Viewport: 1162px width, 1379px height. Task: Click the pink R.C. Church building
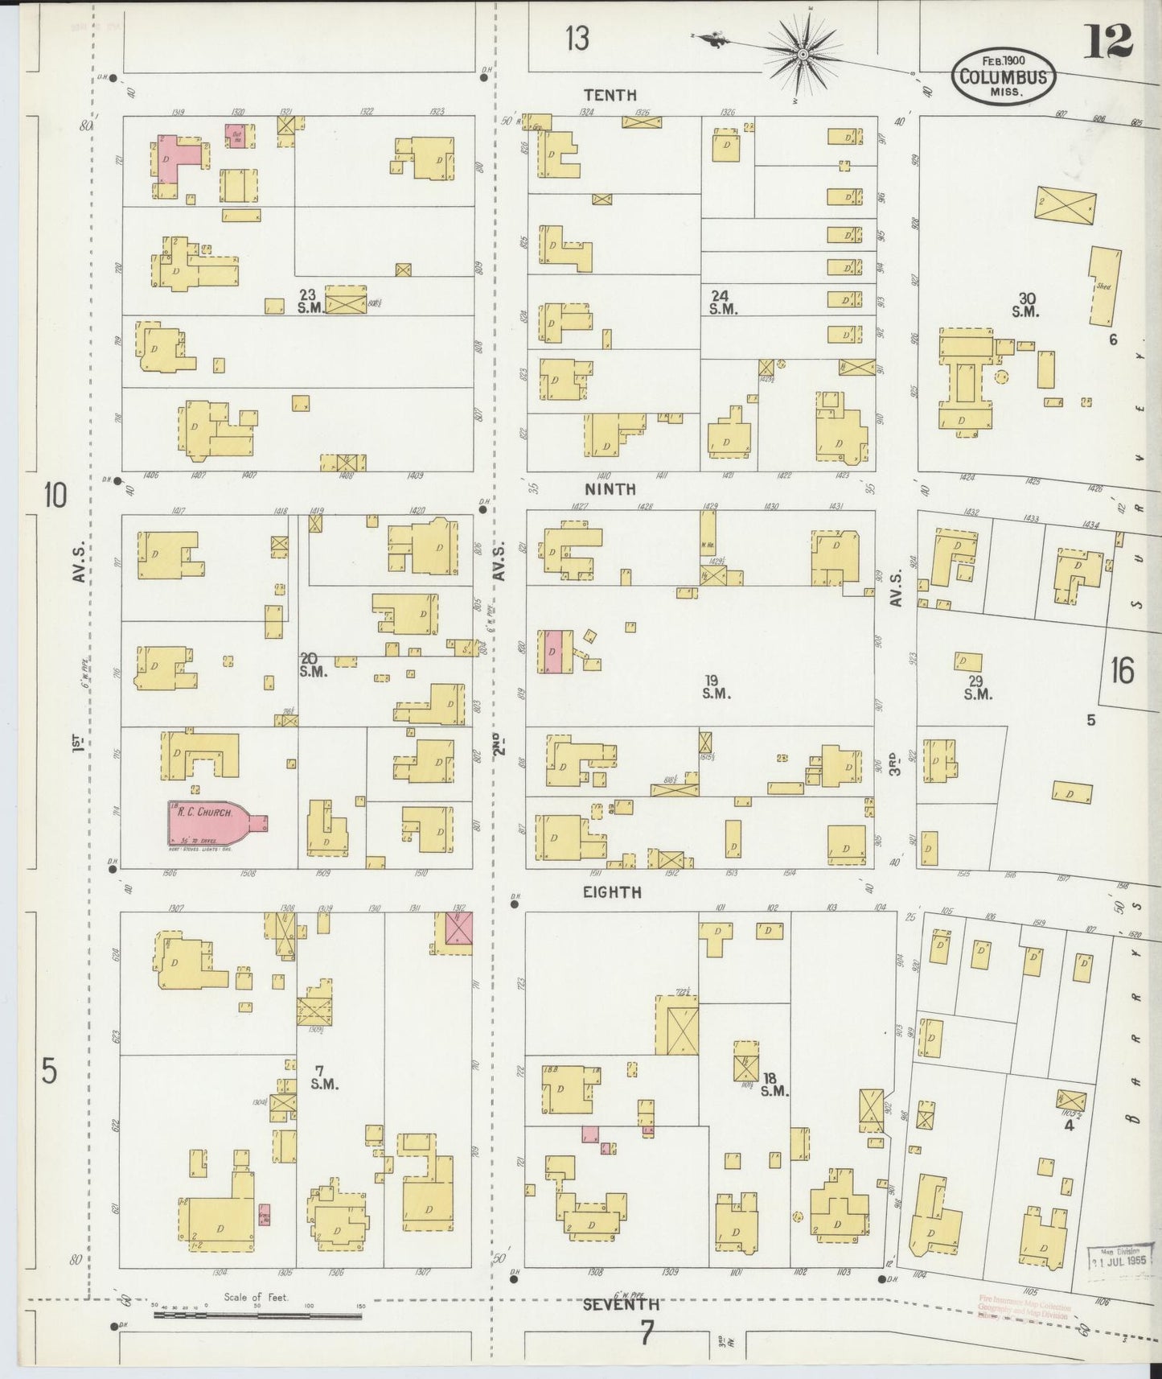click(x=211, y=821)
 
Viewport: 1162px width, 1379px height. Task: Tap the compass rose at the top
click(x=803, y=54)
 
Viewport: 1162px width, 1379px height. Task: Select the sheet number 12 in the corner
click(x=1107, y=40)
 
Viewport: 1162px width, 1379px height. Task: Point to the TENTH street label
click(x=610, y=95)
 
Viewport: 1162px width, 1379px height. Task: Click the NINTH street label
click(x=610, y=489)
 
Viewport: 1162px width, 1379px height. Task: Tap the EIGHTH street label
click(x=613, y=892)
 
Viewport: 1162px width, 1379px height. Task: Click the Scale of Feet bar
click(x=257, y=1316)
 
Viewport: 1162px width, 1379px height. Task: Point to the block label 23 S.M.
click(x=309, y=302)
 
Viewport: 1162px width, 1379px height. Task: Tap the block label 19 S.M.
click(x=715, y=687)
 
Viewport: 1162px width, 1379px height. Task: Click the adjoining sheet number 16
click(x=1123, y=670)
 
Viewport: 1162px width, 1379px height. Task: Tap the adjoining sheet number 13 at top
click(x=577, y=38)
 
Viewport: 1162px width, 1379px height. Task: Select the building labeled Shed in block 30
click(x=1105, y=285)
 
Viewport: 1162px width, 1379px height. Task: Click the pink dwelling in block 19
click(x=552, y=651)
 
